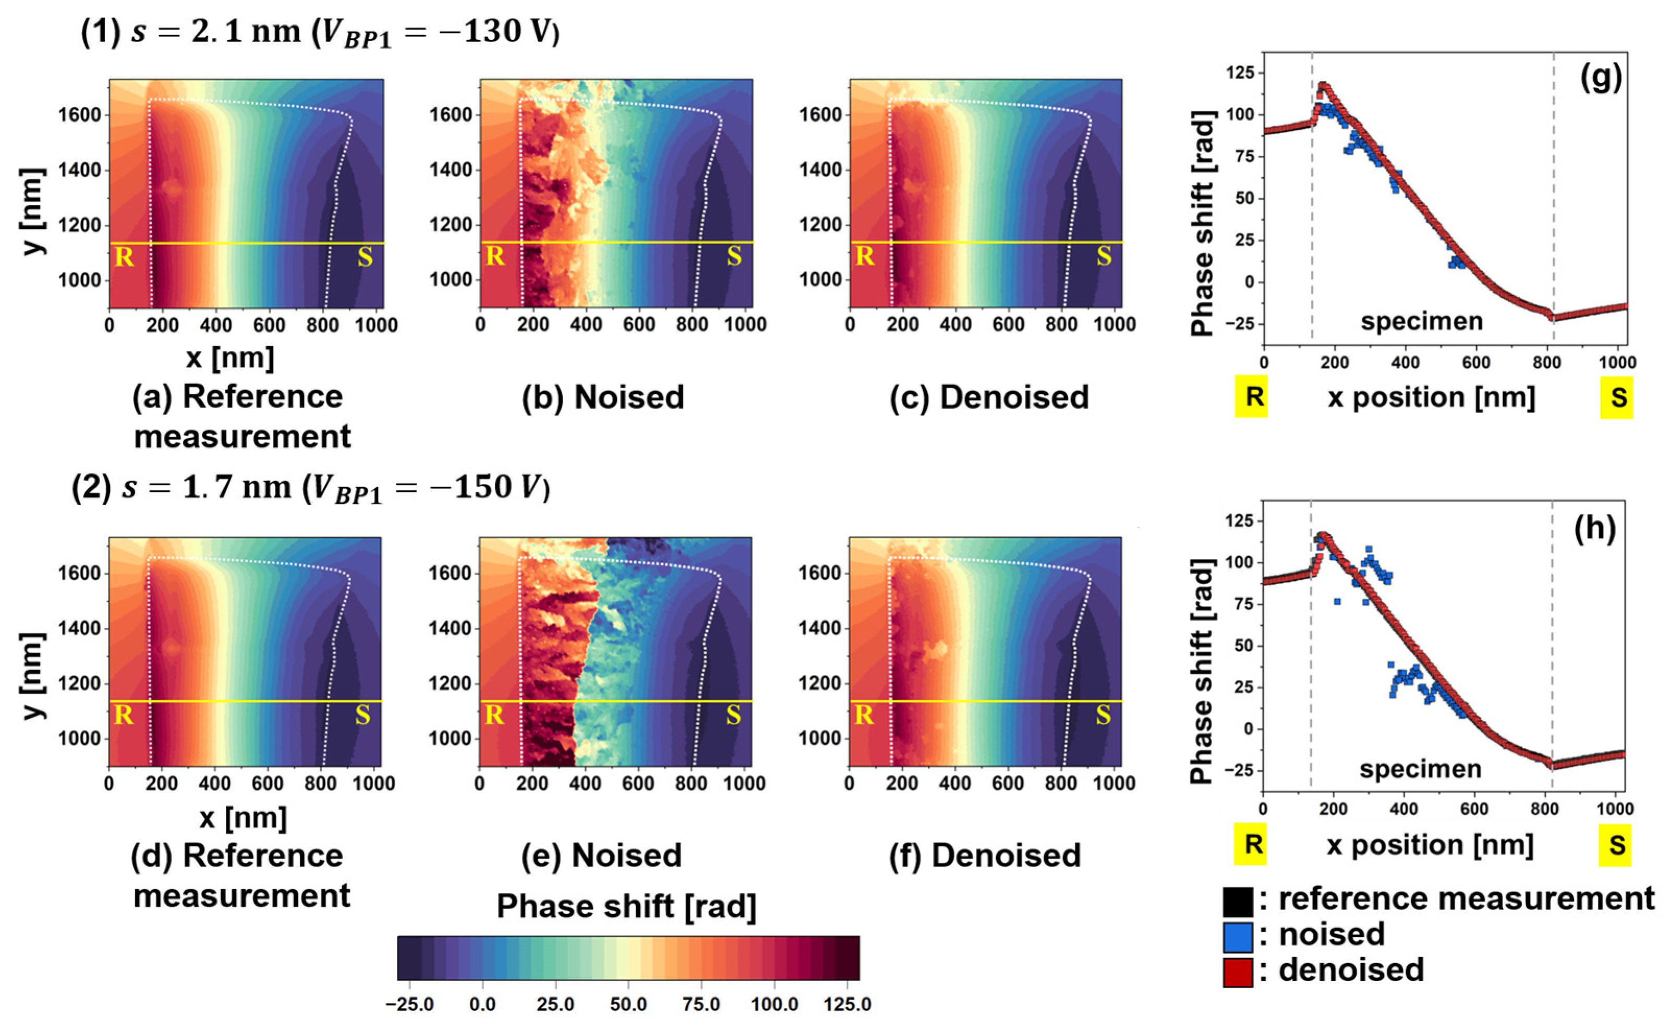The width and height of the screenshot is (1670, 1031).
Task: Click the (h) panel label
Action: pyautogui.click(x=1594, y=528)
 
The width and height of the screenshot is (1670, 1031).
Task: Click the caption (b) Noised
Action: pyautogui.click(x=603, y=397)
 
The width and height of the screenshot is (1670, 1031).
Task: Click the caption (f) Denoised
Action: pyautogui.click(x=985, y=856)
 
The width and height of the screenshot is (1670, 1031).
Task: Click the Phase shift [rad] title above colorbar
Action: pyautogui.click(x=626, y=906)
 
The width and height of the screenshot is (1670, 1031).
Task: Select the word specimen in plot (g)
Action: pyautogui.click(x=1422, y=321)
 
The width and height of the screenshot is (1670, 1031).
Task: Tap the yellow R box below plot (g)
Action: pyautogui.click(x=1251, y=397)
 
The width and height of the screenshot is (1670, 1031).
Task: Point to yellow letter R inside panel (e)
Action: pyautogui.click(x=494, y=714)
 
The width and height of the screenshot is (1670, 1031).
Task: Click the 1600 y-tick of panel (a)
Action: pyautogui.click(x=80, y=115)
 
